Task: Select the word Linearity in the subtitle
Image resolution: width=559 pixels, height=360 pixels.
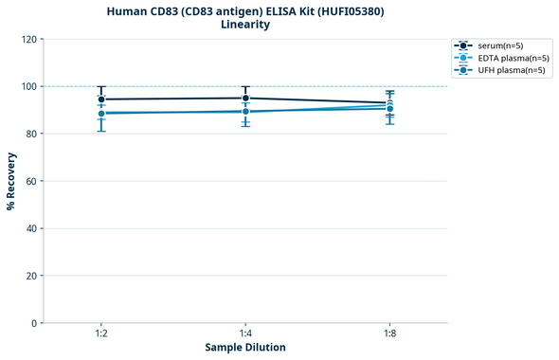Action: (244, 25)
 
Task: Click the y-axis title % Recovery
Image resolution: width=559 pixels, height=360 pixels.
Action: (11, 180)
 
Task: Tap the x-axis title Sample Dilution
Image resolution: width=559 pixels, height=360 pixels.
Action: (245, 348)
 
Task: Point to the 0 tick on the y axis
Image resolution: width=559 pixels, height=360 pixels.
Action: (33, 323)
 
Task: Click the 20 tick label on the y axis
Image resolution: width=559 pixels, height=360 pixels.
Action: (30, 276)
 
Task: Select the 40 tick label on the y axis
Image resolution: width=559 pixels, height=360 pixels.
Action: (30, 228)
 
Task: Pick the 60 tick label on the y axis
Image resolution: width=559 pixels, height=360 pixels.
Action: (30, 181)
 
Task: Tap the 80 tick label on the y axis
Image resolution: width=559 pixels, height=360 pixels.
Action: (30, 134)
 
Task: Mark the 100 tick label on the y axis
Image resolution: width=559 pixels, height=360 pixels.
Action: (27, 86)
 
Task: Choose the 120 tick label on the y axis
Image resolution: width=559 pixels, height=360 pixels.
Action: (27, 39)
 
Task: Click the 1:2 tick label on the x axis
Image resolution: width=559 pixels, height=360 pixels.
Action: (100, 333)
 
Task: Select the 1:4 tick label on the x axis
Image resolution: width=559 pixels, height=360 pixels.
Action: (245, 333)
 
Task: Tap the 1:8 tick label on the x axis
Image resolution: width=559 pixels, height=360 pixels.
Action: (389, 333)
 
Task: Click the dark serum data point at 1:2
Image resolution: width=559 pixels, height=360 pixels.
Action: (101, 99)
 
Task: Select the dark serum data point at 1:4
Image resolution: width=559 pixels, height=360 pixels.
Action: (245, 99)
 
